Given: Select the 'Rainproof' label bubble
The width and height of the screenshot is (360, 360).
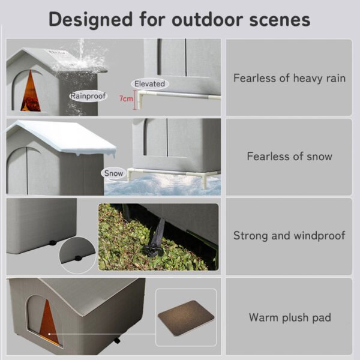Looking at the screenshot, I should pyautogui.click(x=88, y=95).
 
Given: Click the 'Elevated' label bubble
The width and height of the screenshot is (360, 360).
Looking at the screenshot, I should pyautogui.click(x=149, y=84).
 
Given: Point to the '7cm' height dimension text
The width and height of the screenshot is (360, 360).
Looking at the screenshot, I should pyautogui.click(x=125, y=98).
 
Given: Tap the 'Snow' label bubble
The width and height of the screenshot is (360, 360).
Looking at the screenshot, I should pyautogui.click(x=113, y=173).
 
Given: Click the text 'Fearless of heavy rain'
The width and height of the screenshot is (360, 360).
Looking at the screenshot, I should pyautogui.click(x=289, y=78).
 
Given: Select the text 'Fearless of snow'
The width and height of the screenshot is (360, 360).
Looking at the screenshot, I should pyautogui.click(x=289, y=157).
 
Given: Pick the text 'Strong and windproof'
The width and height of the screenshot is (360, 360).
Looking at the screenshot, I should pyautogui.click(x=289, y=235).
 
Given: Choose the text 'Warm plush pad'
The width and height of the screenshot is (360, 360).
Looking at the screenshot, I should pyautogui.click(x=290, y=317).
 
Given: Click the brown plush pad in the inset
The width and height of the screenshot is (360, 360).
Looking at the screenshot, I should pyautogui.click(x=185, y=316).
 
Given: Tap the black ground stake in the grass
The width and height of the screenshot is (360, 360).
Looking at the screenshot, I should pyautogui.click(x=157, y=240).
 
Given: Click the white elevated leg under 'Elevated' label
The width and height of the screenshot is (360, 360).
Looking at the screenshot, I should pyautogui.click(x=139, y=99).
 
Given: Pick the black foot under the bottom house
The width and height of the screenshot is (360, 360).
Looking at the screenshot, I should pyautogui.click(x=117, y=341).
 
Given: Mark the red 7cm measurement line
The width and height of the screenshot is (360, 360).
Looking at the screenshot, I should pyautogui.click(x=134, y=98).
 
